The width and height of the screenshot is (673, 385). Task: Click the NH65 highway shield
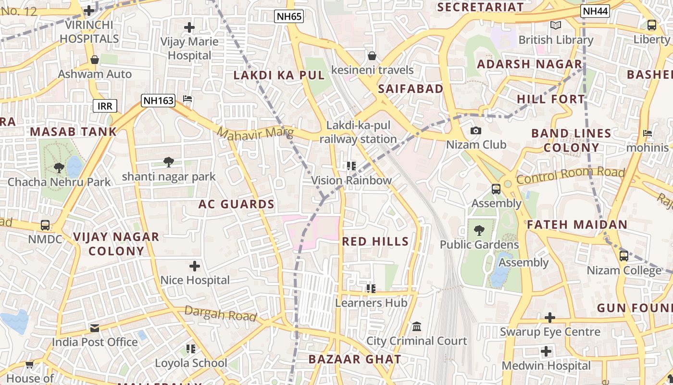coord(289,17)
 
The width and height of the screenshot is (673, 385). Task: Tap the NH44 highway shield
coord(595,12)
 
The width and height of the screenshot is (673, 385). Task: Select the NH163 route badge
coord(158,101)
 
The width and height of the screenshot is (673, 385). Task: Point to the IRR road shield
coord(105,106)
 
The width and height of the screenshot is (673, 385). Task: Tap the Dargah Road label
coord(220,313)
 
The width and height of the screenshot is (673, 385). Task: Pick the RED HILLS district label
coord(375,242)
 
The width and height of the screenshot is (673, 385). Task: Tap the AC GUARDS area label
coord(237,204)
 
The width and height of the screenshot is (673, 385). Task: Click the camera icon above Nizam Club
coord(476,131)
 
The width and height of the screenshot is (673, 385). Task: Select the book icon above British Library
coord(556,26)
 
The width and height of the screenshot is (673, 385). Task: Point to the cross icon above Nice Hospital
coord(195,266)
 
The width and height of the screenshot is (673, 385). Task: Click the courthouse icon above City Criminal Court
coord(417,327)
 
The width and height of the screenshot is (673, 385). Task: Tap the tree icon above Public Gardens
coord(479,231)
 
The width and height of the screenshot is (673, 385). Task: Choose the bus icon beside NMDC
coord(45,225)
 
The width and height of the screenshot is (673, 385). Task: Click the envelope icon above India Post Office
coord(95,328)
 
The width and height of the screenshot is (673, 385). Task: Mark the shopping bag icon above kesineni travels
coord(372,56)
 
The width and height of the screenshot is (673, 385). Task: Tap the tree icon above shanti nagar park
coord(168,162)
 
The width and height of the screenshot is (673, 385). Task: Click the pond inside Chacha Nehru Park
coord(75,167)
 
